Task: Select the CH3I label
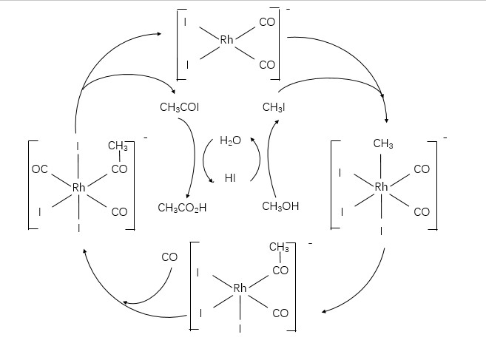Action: [x=274, y=108]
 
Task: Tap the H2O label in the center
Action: [x=231, y=141]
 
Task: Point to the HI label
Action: [x=231, y=178]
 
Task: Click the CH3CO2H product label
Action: [x=182, y=208]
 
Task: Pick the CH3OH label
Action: [x=281, y=207]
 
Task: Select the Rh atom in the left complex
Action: [x=80, y=188]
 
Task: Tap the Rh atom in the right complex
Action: [x=382, y=187]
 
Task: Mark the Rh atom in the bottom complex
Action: [x=240, y=288]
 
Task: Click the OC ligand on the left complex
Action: [x=40, y=170]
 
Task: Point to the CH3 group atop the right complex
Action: [x=383, y=144]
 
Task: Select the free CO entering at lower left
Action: [x=169, y=257]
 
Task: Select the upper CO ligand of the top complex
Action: [x=267, y=22]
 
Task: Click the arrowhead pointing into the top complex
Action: [x=160, y=33]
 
